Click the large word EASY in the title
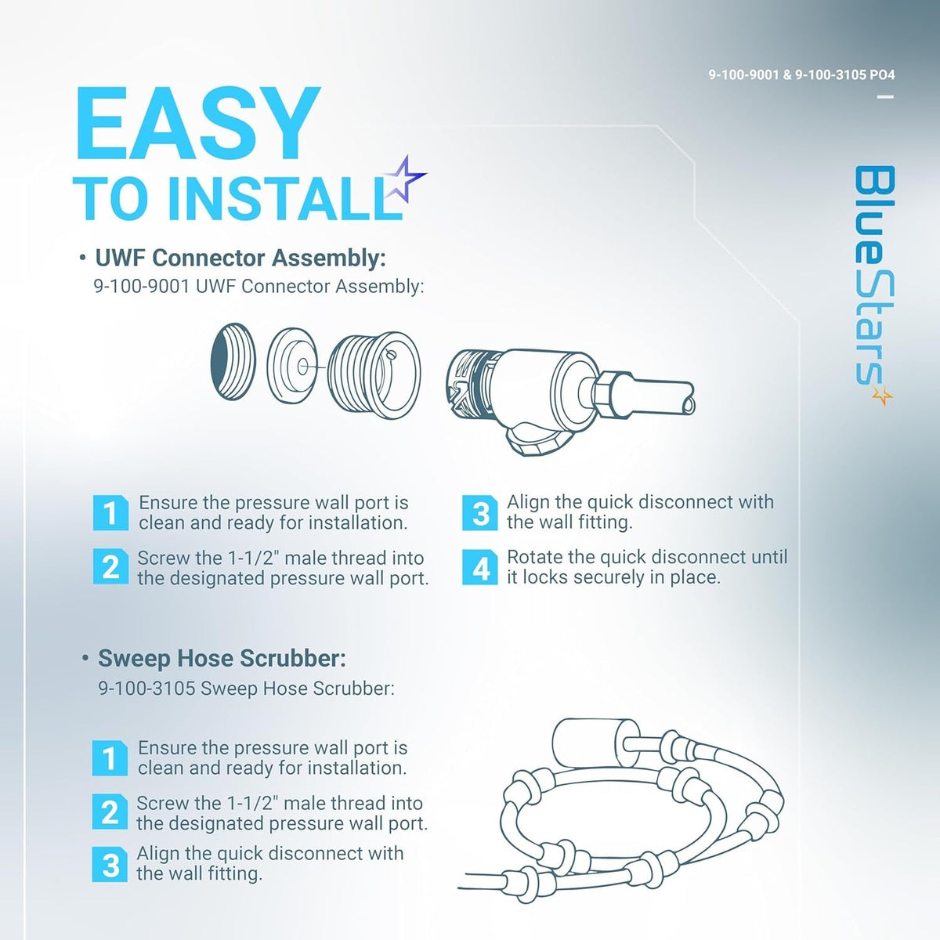(x=197, y=123)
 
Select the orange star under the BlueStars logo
(x=882, y=396)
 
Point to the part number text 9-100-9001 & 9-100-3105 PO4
(x=801, y=75)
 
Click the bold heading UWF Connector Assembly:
(x=240, y=258)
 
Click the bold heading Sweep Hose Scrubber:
(x=222, y=658)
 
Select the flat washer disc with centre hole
(x=291, y=365)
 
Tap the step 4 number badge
(x=480, y=567)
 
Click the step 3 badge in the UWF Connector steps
(x=480, y=512)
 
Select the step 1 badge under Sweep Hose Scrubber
(x=110, y=758)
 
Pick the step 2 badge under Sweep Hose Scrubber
(x=110, y=812)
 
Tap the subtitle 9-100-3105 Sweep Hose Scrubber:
(x=246, y=689)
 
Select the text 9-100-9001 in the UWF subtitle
(x=142, y=287)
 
